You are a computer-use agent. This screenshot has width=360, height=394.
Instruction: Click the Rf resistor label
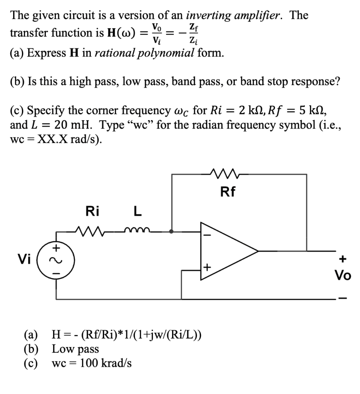click(x=228, y=192)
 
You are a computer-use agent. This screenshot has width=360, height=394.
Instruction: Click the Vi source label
click(x=26, y=259)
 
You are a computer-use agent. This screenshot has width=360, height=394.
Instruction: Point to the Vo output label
click(x=342, y=275)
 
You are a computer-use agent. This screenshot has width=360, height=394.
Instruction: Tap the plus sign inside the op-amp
click(x=206, y=266)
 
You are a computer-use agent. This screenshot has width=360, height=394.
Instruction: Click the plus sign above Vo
click(x=342, y=259)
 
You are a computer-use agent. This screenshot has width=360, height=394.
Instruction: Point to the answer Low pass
click(x=75, y=349)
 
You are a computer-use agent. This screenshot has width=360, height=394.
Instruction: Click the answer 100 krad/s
click(x=106, y=363)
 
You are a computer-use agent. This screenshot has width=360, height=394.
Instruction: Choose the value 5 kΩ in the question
click(x=310, y=111)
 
